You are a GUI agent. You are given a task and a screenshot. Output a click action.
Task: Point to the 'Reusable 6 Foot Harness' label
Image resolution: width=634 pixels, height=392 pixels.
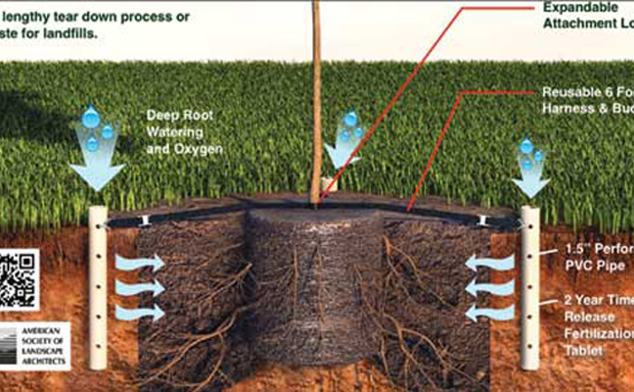tap(587, 99)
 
